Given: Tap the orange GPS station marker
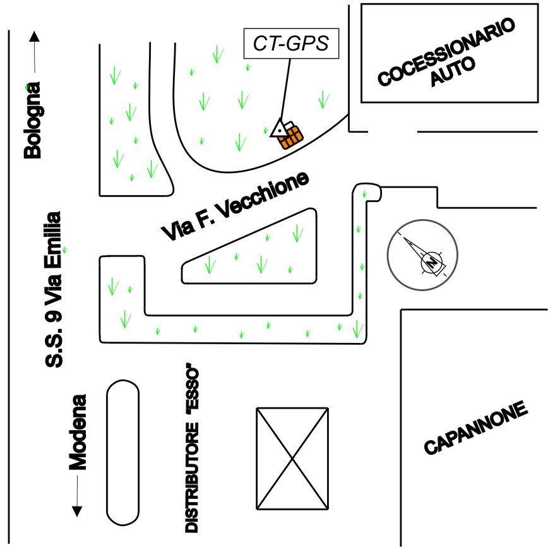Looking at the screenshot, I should pos(291,135).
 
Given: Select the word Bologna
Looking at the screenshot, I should pos(32,119).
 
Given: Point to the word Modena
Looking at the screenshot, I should pos(77,433).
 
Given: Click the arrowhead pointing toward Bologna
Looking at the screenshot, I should pos(33,36).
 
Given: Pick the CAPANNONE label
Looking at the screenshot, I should pos(475,428).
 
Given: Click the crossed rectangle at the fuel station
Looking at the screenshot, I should pos(293,458).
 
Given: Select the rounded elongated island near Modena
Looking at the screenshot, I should pos(122,452).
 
